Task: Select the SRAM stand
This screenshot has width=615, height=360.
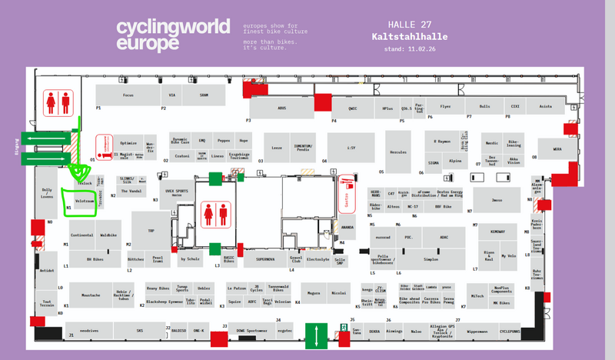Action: (x=204, y=95)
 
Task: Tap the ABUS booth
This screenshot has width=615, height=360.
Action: (x=281, y=108)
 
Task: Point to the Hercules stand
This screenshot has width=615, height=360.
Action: (x=397, y=152)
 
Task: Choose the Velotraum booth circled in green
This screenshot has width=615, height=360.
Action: (x=84, y=198)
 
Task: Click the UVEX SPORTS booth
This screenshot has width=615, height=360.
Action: (x=177, y=194)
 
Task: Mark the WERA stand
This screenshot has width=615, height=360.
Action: (x=557, y=150)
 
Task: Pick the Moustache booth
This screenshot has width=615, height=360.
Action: (x=91, y=295)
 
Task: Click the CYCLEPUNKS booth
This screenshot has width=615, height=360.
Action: (x=510, y=331)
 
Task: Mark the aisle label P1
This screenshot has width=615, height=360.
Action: (x=98, y=108)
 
